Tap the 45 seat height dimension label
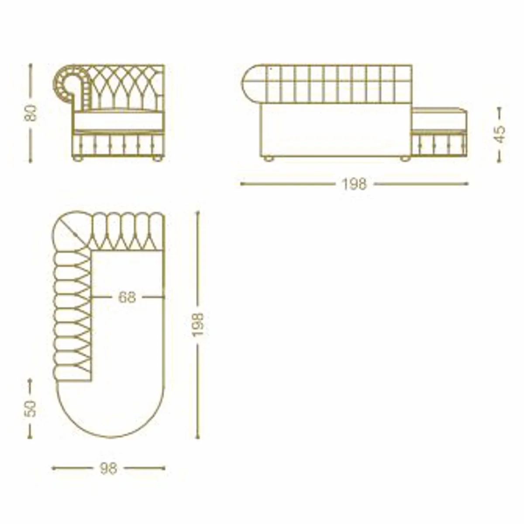coord(499,134)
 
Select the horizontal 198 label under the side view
coord(354,184)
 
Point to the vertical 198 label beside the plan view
coord(198,325)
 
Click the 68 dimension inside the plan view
coord(127,297)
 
